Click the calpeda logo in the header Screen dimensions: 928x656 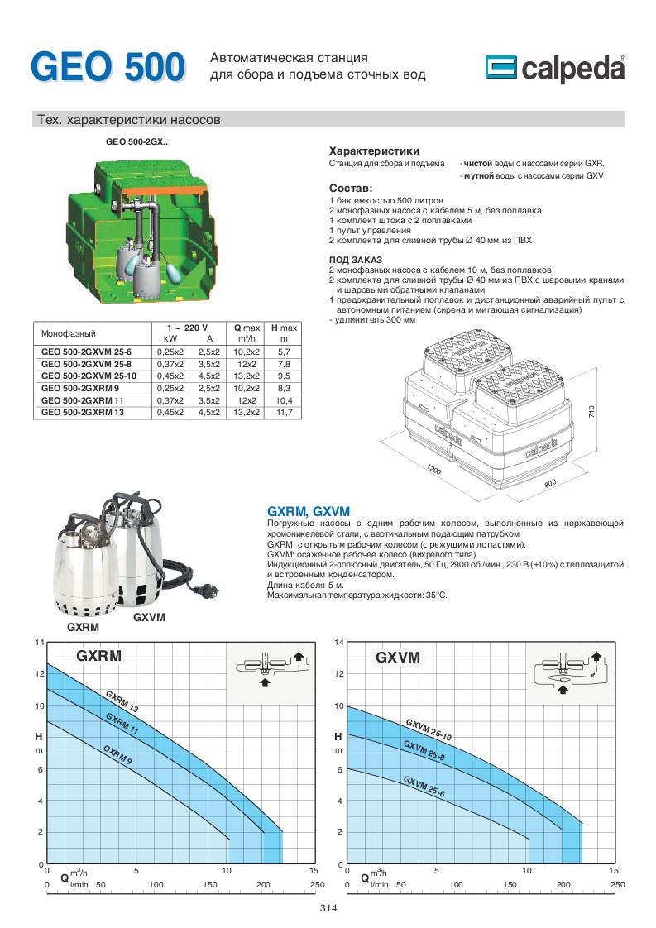554,69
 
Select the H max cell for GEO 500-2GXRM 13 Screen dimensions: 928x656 284,411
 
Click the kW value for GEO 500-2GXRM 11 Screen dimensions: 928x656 170,399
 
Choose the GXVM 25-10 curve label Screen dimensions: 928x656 429,729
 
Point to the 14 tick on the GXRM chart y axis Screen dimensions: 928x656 38,643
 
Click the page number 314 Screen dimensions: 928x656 328,908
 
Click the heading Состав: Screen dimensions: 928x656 351,189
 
